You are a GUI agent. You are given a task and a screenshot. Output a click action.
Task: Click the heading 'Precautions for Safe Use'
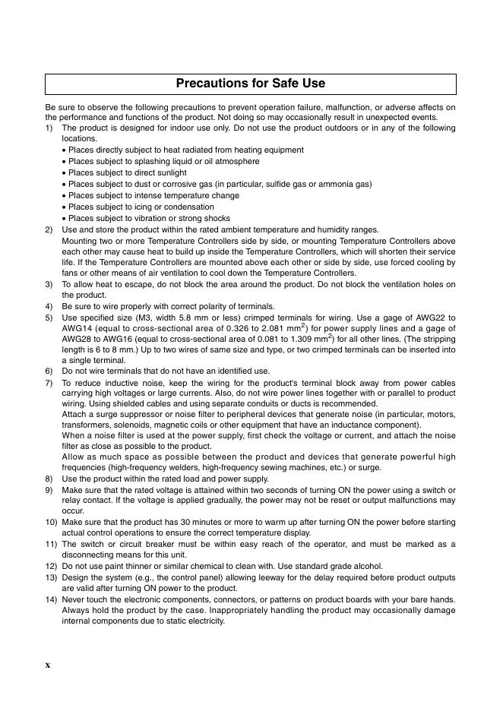[251, 84]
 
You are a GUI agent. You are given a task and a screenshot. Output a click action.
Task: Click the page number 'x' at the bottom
[47, 665]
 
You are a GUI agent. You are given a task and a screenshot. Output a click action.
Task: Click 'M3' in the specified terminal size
[137, 317]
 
